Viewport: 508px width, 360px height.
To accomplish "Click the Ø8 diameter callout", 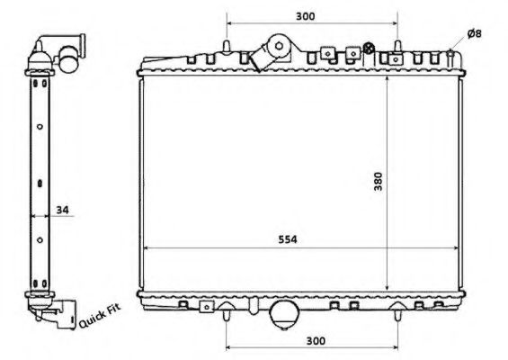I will [476, 34].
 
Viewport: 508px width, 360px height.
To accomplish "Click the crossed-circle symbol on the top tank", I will [367, 47].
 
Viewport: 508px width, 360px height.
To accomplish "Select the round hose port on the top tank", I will [279, 46].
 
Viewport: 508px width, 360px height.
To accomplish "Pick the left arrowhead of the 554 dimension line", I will [147, 248].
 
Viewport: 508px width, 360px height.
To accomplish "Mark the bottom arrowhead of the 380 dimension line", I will [387, 288].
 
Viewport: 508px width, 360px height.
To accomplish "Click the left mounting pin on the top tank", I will [226, 45].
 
